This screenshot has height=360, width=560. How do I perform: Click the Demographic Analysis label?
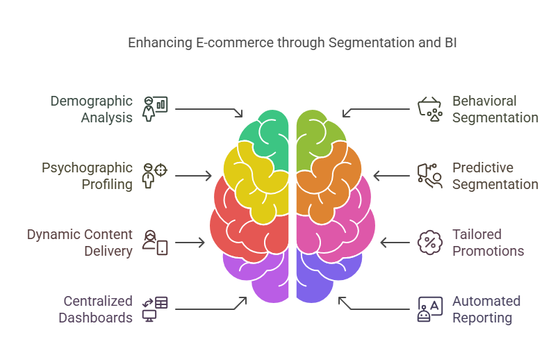pyautogui.click(x=91, y=109)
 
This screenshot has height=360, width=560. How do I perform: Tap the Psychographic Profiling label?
pyautogui.click(x=87, y=176)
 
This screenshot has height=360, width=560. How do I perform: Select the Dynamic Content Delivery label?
pyautogui.click(x=79, y=243)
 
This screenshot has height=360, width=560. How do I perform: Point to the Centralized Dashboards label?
pyautogui.click(x=95, y=309)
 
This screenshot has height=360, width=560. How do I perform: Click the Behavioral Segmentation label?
pyautogui.click(x=495, y=109)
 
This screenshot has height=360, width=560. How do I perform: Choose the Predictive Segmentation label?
pyautogui.click(x=495, y=176)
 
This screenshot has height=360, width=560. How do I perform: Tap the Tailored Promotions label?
pyautogui.click(x=488, y=243)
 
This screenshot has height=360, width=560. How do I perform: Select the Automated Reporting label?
pyautogui.click(x=486, y=309)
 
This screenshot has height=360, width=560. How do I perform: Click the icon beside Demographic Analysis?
pyautogui.click(x=155, y=108)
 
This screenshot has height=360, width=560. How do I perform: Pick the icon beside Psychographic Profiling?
pyautogui.click(x=155, y=175)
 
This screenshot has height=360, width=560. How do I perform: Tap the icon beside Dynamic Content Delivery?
pyautogui.click(x=155, y=242)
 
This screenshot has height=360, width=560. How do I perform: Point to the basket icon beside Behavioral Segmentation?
pyautogui.click(x=430, y=108)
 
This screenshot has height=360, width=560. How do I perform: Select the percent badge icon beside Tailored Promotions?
pyautogui.click(x=430, y=242)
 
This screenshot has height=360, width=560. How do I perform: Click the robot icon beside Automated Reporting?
pyautogui.click(x=429, y=309)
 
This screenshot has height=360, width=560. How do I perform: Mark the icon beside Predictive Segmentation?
pyautogui.click(x=430, y=175)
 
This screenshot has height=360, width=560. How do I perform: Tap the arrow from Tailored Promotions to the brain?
pyautogui.click(x=395, y=243)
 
